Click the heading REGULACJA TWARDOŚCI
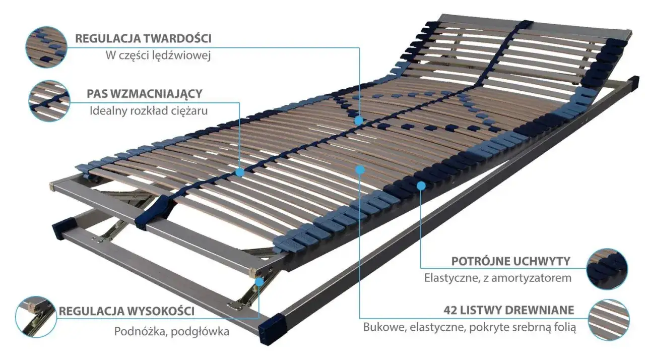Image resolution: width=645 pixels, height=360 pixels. point(144,39)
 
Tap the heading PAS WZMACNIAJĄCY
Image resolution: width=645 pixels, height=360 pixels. point(145,94)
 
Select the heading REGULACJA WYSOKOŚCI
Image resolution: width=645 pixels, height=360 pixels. point(126,311)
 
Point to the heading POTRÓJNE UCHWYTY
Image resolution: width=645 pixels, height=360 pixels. point(510,261)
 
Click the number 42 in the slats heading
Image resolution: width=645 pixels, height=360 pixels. point(450,310)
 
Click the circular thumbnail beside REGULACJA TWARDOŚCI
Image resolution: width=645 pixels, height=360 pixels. point(46,47)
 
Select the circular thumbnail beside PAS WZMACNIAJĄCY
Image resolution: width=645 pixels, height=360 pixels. point(49,101)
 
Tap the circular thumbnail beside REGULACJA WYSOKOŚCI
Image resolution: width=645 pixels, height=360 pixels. point(36,317)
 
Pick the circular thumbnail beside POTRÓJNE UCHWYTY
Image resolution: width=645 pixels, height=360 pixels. point(607,269)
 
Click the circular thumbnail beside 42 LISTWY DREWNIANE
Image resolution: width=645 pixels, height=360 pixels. point(609,320)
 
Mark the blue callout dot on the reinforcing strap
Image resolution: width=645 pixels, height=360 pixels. point(239,172)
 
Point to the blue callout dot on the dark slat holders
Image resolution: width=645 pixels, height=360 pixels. point(421,186)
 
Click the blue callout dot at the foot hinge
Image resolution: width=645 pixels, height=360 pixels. point(260,282)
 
